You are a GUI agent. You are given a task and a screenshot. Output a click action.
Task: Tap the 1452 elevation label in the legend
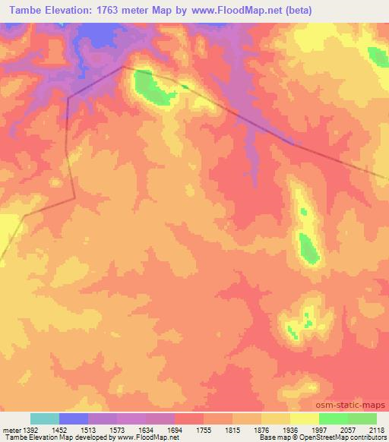[59, 429]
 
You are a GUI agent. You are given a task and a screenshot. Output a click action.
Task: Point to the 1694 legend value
[175, 429]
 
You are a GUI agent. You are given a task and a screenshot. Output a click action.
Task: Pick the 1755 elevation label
[203, 429]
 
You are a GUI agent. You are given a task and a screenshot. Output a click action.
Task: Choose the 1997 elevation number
[318, 429]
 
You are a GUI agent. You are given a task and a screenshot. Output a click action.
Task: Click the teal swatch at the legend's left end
[45, 418]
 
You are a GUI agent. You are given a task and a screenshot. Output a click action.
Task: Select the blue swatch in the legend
[74, 418]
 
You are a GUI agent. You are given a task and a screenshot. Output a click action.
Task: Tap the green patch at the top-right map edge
[378, 56]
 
